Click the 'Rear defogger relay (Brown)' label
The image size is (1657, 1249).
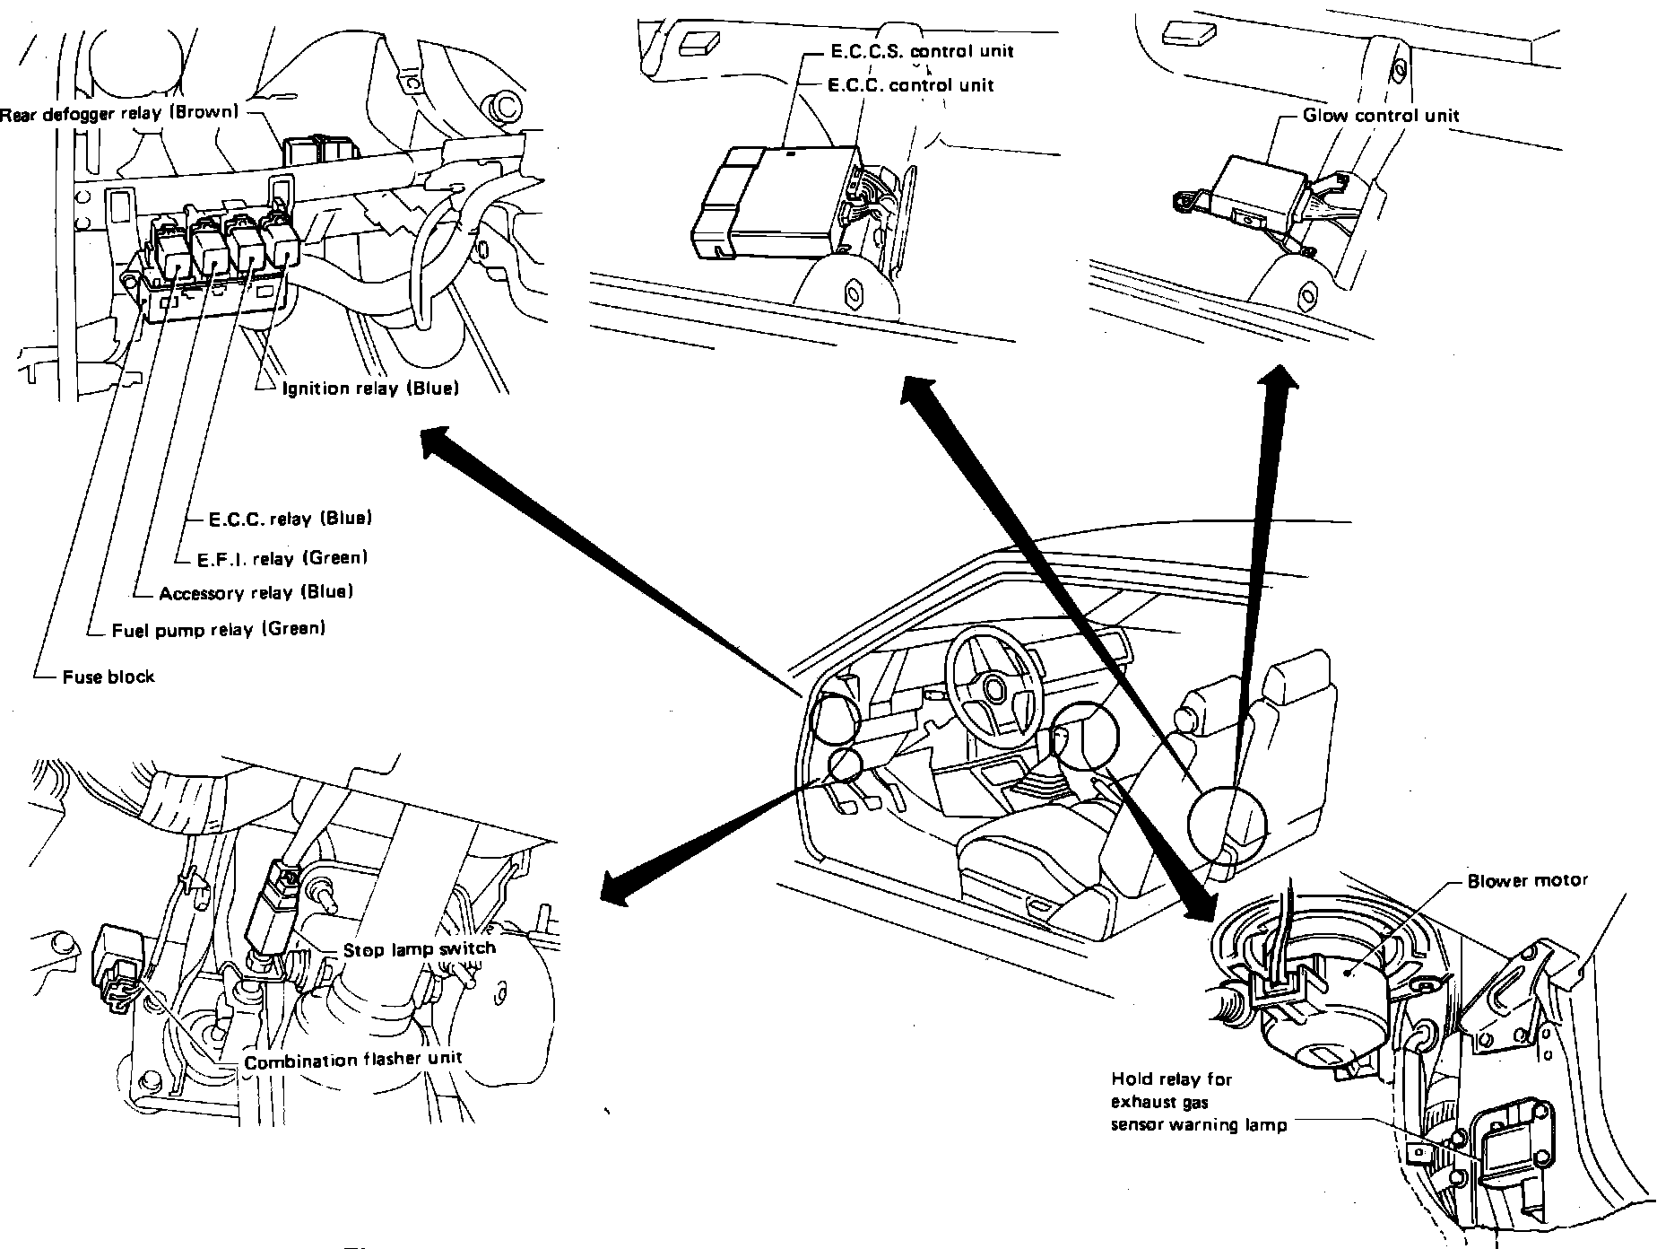coord(120,114)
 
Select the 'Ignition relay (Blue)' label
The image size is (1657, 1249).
coord(370,389)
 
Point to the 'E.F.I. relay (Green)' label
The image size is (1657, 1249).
coord(282,558)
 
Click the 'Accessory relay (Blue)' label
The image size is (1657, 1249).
coord(256,592)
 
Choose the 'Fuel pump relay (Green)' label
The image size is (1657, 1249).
coord(218,629)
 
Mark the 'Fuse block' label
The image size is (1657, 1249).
coord(108,677)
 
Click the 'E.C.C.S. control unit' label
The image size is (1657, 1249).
coord(921,51)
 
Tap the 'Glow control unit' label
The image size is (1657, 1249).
coord(1381,115)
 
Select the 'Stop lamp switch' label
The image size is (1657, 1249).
coord(419,948)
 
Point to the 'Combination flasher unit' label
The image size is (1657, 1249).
coord(353,1061)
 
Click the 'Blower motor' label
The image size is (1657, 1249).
coord(1527,881)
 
